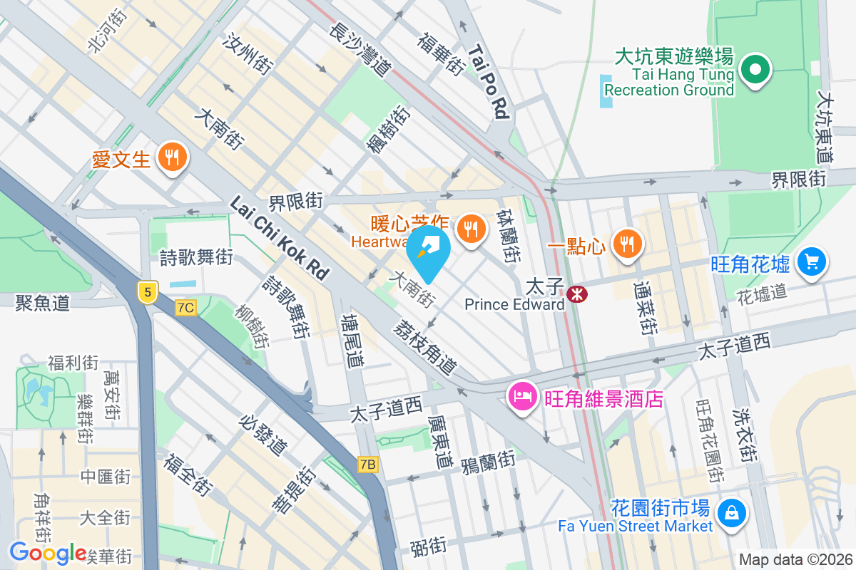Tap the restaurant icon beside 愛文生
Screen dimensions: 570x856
coord(171,157)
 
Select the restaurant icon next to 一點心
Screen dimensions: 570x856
coord(627,244)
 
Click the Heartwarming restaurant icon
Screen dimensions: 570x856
coord(470,228)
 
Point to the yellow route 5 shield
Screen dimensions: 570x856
coord(148,292)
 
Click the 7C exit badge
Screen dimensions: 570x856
coord(185,307)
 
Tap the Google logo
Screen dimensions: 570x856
coord(48,552)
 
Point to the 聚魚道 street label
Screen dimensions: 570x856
coord(43,303)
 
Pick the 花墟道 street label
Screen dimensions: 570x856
coord(761,293)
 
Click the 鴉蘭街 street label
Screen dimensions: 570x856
coord(488,461)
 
